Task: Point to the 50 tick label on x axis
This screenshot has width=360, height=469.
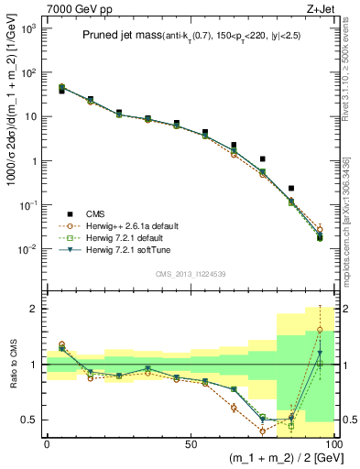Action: tap(190, 442)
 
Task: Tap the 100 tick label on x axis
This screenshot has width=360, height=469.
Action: tap(332, 442)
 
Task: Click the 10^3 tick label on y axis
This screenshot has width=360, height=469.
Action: tap(28, 28)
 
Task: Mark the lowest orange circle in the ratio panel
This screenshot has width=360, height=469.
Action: tap(262, 431)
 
